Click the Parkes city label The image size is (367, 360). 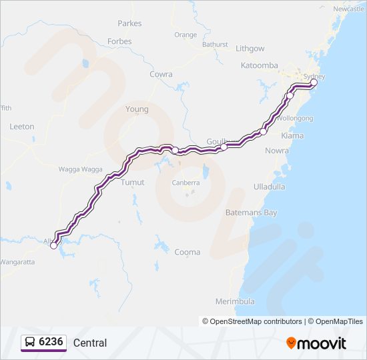pyautogui.click(x=129, y=23)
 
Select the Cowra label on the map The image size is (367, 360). pyautogui.click(x=161, y=74)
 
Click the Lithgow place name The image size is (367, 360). pyautogui.click(x=250, y=49)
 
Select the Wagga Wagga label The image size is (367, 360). pyautogui.click(x=81, y=169)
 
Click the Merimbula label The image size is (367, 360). pyautogui.click(x=236, y=301)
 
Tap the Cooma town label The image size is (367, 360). pyautogui.click(x=187, y=252)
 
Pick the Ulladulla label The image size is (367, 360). pyautogui.click(x=270, y=187)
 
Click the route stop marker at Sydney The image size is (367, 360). pyautogui.click(x=314, y=83)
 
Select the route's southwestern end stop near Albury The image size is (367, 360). pyautogui.click(x=53, y=245)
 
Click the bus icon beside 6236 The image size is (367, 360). pyautogui.click(x=30, y=343)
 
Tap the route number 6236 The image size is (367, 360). pyautogui.click(x=51, y=343)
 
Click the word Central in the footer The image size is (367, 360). pyautogui.click(x=90, y=343)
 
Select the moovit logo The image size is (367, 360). pyautogui.click(x=316, y=343)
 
